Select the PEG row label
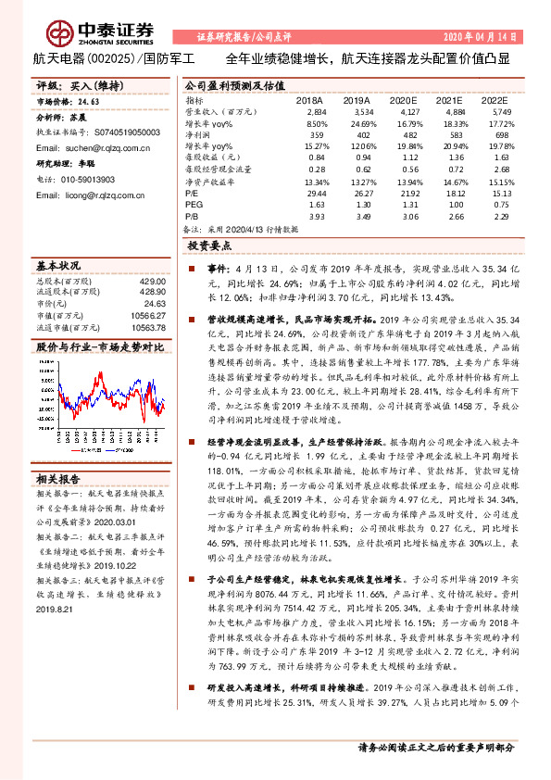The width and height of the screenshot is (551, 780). point(194,203)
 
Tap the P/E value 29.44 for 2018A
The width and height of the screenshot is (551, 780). point(316,193)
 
